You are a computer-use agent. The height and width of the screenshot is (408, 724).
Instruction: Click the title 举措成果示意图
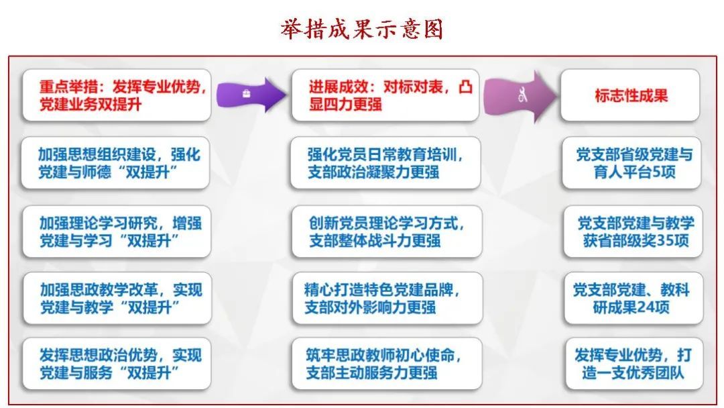coord(361,29)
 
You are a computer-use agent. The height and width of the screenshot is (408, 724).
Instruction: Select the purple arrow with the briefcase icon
coord(251,95)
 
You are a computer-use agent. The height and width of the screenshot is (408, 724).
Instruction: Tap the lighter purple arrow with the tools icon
coord(520,96)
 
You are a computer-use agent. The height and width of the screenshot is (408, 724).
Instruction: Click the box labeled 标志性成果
coord(630,96)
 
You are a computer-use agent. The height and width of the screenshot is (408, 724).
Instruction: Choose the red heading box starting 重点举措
coord(117,96)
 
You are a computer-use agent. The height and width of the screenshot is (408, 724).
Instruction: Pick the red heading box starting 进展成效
coord(385,96)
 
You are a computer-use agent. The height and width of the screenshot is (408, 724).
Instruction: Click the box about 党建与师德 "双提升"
coord(115,162)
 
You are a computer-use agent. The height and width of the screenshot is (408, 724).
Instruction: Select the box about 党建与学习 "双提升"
coord(117,232)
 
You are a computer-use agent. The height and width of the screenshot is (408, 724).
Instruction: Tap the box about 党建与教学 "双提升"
coord(117,298)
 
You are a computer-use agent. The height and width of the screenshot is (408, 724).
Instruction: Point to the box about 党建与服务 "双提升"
coord(117,364)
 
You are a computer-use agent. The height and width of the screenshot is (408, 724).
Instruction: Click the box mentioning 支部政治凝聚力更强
coord(385,162)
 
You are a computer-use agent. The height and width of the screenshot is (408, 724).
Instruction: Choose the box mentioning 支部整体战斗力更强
coord(387,232)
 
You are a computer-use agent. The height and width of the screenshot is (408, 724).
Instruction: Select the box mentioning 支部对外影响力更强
coord(387,298)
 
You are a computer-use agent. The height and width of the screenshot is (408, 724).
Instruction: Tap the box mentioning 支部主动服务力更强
coord(387,364)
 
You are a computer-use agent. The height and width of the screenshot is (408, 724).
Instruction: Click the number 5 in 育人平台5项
coord(656,172)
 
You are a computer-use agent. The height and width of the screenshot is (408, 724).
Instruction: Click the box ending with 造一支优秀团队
coord(634,364)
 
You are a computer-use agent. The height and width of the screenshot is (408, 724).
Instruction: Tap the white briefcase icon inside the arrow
coord(246,94)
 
